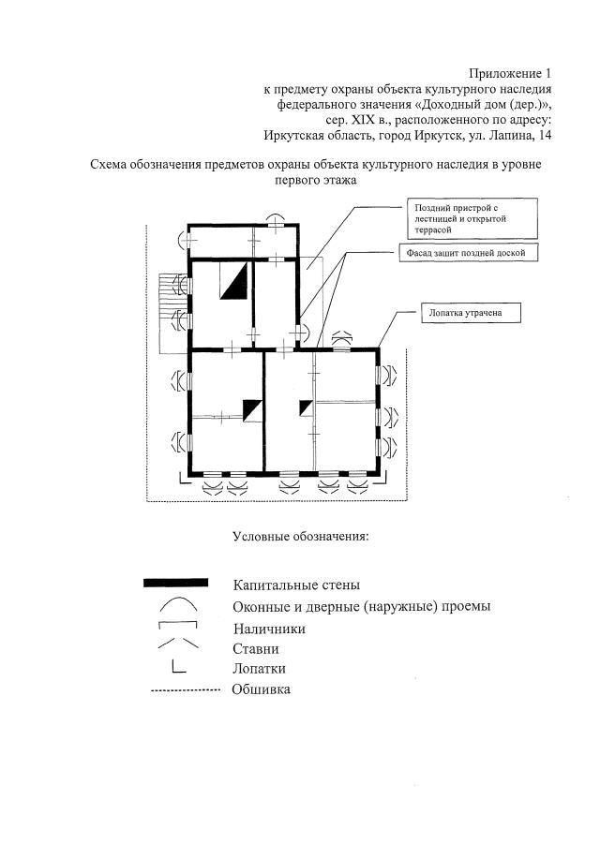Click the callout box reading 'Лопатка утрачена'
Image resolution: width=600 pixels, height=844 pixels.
point(468,314)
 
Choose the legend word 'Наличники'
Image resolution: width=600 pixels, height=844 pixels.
point(269,629)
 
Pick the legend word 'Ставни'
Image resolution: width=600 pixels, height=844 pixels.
point(256,648)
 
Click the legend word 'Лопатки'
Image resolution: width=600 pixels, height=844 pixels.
point(259,669)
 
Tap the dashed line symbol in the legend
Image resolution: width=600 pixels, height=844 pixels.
point(185,689)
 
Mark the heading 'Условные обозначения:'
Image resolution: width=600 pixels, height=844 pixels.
point(300,537)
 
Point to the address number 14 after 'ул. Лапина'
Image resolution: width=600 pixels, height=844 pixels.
point(545,136)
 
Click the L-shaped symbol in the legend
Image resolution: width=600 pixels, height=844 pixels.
point(178,668)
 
